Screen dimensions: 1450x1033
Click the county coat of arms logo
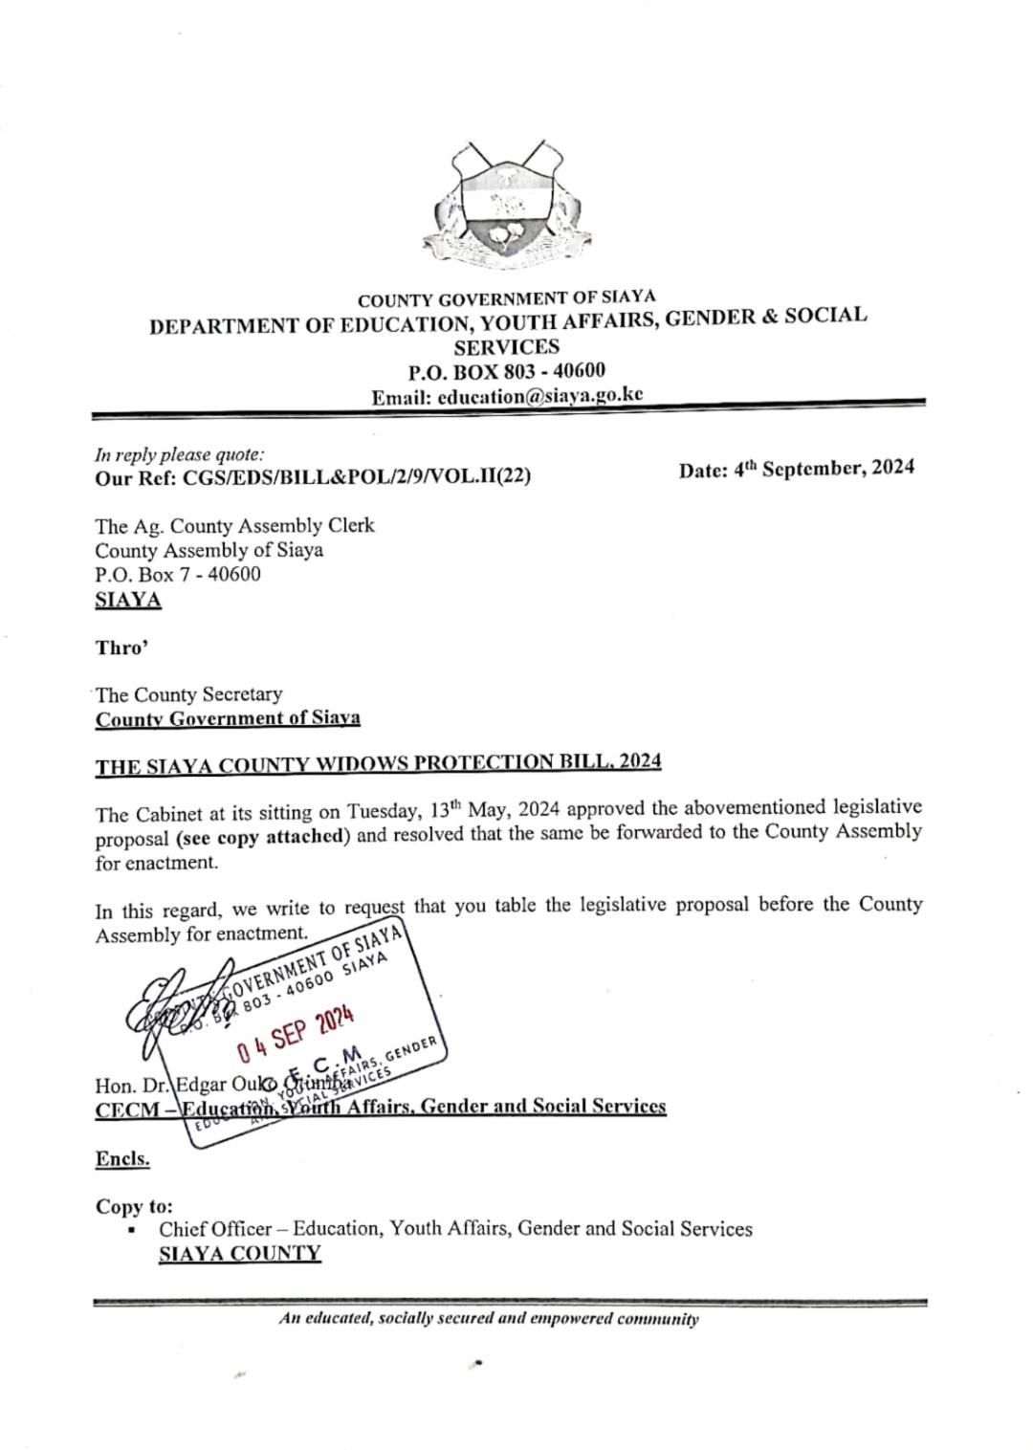[508, 206]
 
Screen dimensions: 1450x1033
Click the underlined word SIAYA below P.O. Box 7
[128, 601]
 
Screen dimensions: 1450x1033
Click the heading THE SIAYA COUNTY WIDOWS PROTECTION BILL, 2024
[378, 764]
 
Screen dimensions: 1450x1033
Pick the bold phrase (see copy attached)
[260, 836]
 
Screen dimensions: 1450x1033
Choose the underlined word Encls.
[122, 1159]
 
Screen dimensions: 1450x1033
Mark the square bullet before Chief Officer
[131, 1231]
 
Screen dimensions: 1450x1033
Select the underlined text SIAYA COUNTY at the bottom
[239, 1254]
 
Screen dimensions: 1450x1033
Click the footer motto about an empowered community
[489, 1319]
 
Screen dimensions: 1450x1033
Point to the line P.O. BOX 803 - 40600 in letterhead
[506, 371]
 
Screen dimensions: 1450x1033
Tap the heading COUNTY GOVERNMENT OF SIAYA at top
[506, 299]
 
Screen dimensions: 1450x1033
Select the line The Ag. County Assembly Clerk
[234, 525]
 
